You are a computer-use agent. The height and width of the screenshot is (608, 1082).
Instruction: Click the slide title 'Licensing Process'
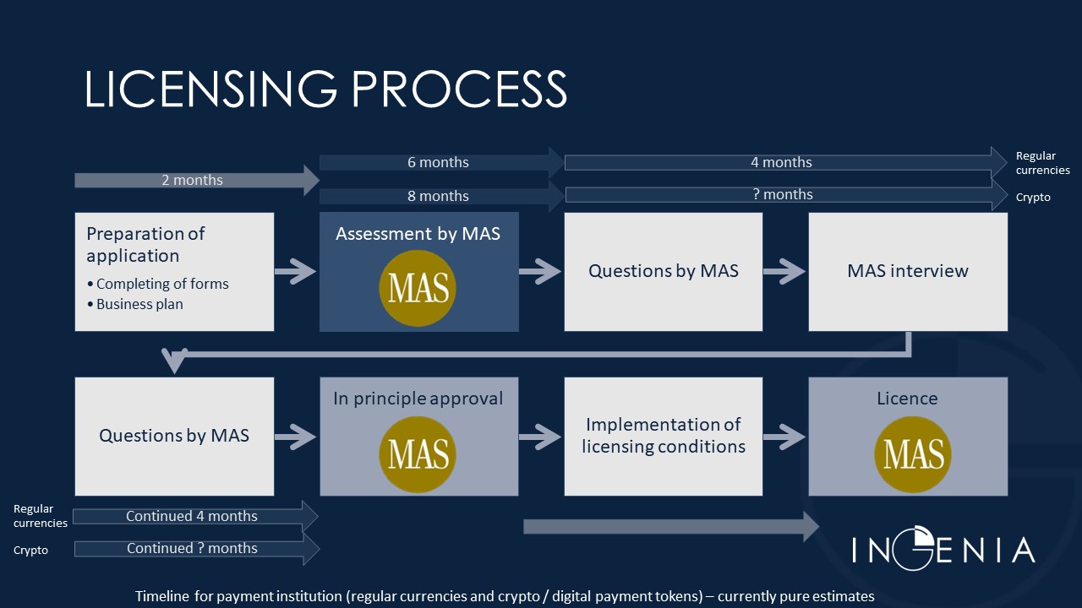(325, 89)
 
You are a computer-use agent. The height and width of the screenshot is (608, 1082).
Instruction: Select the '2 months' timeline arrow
(194, 180)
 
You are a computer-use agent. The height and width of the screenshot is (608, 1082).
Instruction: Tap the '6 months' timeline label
(438, 162)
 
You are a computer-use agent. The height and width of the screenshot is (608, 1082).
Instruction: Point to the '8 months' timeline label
(438, 196)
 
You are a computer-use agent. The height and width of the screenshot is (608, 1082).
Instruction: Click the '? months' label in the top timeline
(782, 195)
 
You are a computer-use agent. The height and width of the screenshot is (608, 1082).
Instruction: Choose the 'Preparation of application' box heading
(145, 244)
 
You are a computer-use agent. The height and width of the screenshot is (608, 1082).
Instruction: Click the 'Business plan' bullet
(139, 304)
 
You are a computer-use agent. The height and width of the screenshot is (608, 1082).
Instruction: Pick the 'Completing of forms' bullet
(162, 284)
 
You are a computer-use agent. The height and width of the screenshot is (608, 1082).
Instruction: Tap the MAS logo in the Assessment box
(418, 288)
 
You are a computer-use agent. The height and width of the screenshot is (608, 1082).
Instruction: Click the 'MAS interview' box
(908, 271)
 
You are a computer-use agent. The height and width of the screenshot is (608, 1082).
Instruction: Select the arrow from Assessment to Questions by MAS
(540, 271)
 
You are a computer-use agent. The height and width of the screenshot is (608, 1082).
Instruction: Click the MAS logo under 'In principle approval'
(418, 453)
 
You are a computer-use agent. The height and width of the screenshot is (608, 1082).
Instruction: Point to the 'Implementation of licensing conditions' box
(664, 436)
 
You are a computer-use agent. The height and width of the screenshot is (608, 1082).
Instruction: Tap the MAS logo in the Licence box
(913, 453)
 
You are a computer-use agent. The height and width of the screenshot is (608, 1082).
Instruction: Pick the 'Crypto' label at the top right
(1033, 197)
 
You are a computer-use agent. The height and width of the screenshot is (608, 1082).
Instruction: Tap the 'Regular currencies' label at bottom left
(40, 516)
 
